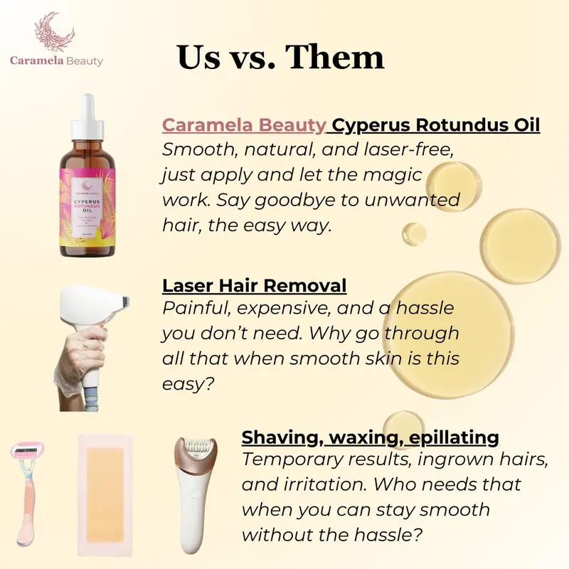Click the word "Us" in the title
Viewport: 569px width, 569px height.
[200, 57]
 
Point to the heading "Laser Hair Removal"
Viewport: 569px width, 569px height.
[255, 286]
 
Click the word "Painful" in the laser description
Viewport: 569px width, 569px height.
[193, 310]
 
